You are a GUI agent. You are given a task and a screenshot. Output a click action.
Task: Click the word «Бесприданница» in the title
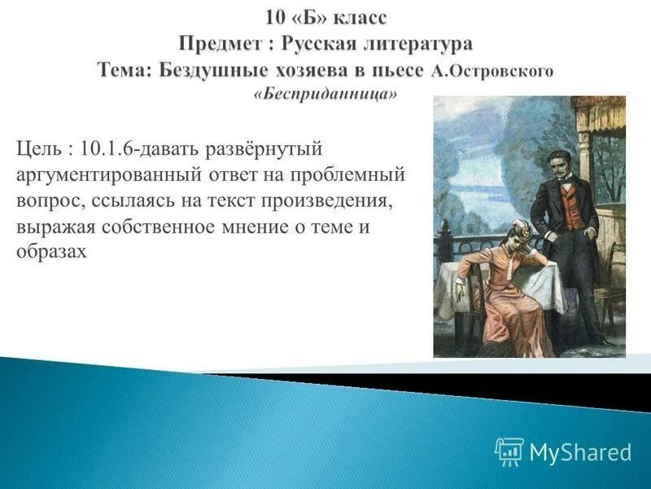tap(326, 94)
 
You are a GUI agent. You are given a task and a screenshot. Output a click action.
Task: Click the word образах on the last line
tap(50, 253)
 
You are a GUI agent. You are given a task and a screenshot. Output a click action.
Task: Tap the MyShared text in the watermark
tap(580, 452)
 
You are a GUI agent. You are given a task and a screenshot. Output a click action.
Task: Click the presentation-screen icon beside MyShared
tap(509, 452)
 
